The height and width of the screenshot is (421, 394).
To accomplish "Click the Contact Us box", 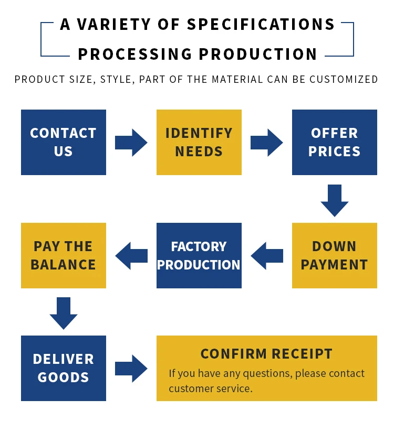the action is (63, 142).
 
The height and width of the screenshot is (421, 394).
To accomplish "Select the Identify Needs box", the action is (199, 142).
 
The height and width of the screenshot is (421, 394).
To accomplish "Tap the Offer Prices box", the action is (334, 142).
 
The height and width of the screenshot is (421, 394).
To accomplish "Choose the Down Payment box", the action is (334, 255).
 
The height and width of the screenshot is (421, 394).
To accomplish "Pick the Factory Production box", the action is (199, 255).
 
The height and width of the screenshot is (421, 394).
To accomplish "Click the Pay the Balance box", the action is (63, 255).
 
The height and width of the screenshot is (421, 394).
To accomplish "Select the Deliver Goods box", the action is (63, 368).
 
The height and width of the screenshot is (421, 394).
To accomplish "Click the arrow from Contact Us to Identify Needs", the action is (131, 142).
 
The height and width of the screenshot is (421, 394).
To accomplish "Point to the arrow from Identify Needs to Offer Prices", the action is (267, 142).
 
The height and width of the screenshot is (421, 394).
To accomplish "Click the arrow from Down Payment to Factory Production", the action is (267, 255).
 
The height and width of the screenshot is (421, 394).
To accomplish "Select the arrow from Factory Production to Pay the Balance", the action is (131, 255).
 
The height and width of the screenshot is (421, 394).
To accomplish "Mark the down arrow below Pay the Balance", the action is (64, 313).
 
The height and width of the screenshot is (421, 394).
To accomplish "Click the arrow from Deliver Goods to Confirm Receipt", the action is (131, 368).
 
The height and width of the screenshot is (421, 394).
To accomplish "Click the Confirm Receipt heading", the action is (266, 354).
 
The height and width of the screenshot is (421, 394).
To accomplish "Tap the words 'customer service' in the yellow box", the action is (210, 388).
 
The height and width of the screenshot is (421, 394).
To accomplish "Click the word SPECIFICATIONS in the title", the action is (261, 25).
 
